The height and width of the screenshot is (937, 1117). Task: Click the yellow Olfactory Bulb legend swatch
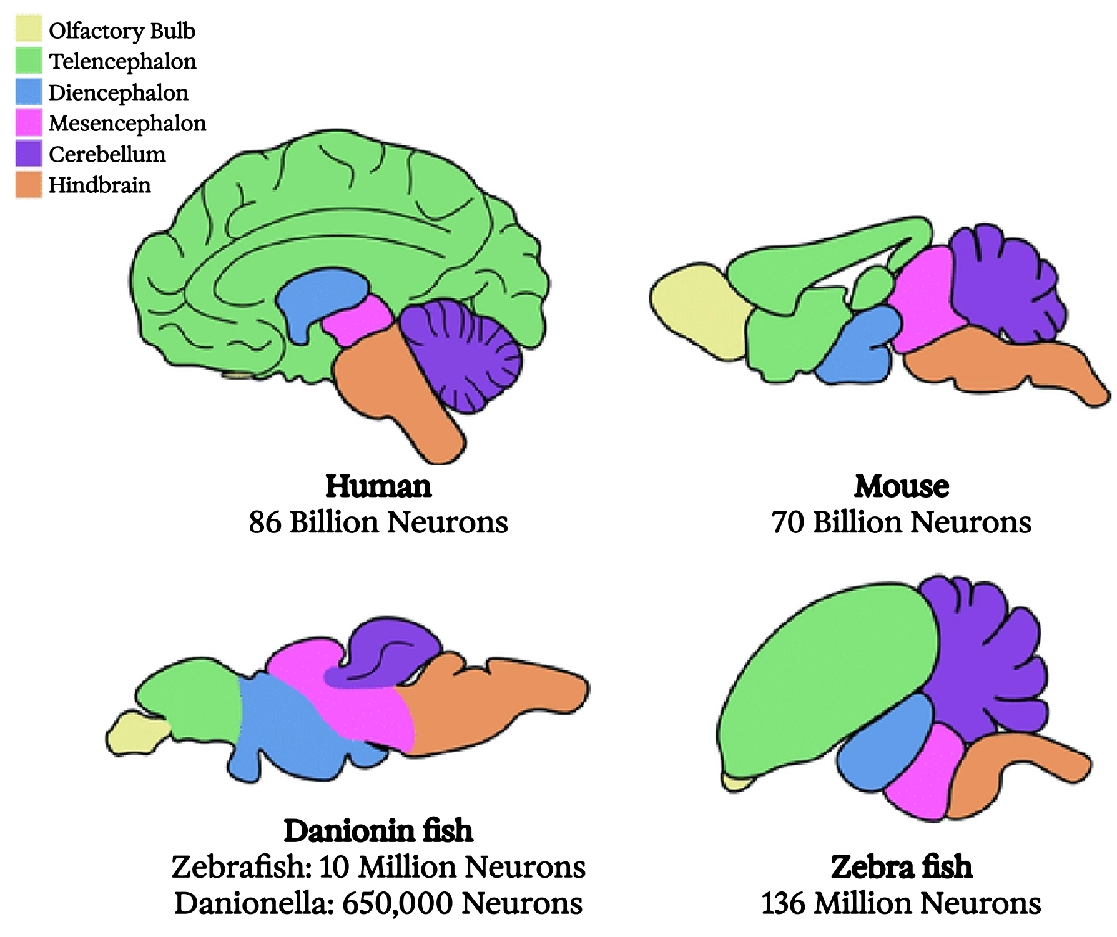click(x=29, y=29)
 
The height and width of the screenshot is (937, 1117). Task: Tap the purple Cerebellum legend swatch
click(x=29, y=154)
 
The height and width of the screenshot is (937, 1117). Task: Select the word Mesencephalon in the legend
click(x=127, y=123)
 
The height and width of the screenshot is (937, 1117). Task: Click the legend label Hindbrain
click(x=100, y=185)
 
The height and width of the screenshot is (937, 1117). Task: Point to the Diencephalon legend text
click(x=119, y=92)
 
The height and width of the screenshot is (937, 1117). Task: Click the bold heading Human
click(x=378, y=486)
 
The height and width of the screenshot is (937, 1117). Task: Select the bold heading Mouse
click(x=902, y=486)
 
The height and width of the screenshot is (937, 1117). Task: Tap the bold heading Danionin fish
click(x=378, y=831)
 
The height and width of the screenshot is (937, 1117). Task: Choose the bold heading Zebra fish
click(x=902, y=867)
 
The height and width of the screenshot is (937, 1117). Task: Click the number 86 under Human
click(x=265, y=522)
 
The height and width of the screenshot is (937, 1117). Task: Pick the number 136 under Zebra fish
click(x=783, y=903)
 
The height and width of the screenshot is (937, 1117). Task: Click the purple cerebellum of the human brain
click(x=462, y=356)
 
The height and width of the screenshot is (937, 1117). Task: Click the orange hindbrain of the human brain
click(x=400, y=393)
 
